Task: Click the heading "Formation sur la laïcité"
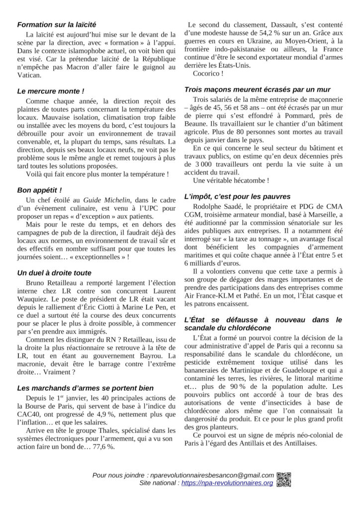(x=57, y=24)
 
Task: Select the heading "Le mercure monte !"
(x=50, y=91)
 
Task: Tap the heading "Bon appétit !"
(x=39, y=190)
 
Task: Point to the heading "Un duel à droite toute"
(x=54, y=273)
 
